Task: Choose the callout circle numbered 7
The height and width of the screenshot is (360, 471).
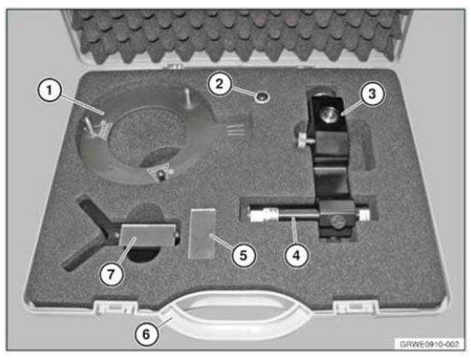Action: pos(109,273)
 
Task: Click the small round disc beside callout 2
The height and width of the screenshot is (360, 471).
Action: pos(255,97)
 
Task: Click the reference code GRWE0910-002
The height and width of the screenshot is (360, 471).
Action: pos(428,343)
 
